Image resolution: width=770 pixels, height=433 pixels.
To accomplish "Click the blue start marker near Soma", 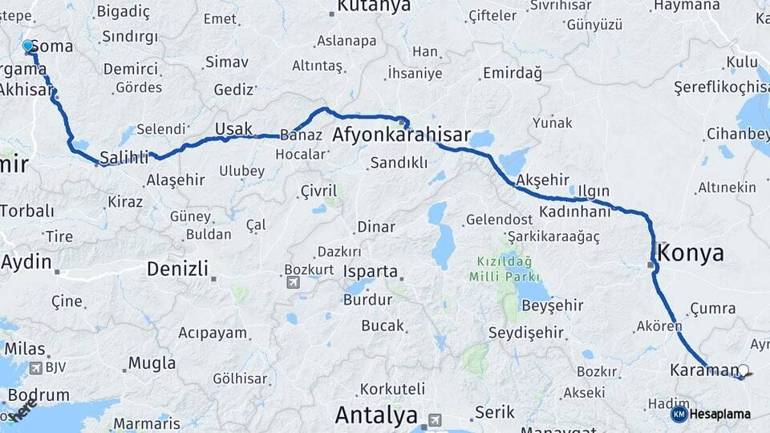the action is pyautogui.click(x=28, y=47).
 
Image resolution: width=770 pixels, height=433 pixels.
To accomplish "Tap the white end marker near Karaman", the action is pyautogui.click(x=744, y=370).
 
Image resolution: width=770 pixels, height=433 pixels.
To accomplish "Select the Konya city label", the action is pyautogui.click(x=691, y=253).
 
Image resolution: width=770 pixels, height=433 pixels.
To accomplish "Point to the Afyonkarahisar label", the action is pyautogui.click(x=401, y=136).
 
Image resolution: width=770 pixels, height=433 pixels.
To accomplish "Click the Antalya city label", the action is pyautogui.click(x=376, y=415).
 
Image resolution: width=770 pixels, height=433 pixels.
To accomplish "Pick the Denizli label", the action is pyautogui.click(x=177, y=269).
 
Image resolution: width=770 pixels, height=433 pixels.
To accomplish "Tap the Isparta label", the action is pyautogui.click(x=371, y=271).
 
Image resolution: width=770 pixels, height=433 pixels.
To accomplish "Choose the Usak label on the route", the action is pyautogui.click(x=233, y=129).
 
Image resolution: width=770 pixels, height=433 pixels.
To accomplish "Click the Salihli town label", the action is pyautogui.click(x=124, y=158).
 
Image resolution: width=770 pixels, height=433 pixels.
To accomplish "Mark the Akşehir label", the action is pyautogui.click(x=543, y=178).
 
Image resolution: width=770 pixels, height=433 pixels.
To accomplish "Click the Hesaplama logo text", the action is pyautogui.click(x=719, y=415).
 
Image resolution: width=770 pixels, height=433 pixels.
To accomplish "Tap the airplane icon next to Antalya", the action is pyautogui.click(x=434, y=419).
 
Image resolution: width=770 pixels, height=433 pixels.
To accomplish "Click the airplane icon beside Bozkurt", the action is pyautogui.click(x=293, y=282).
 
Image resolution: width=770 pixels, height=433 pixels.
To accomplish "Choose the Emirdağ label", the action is pyautogui.click(x=512, y=73).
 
